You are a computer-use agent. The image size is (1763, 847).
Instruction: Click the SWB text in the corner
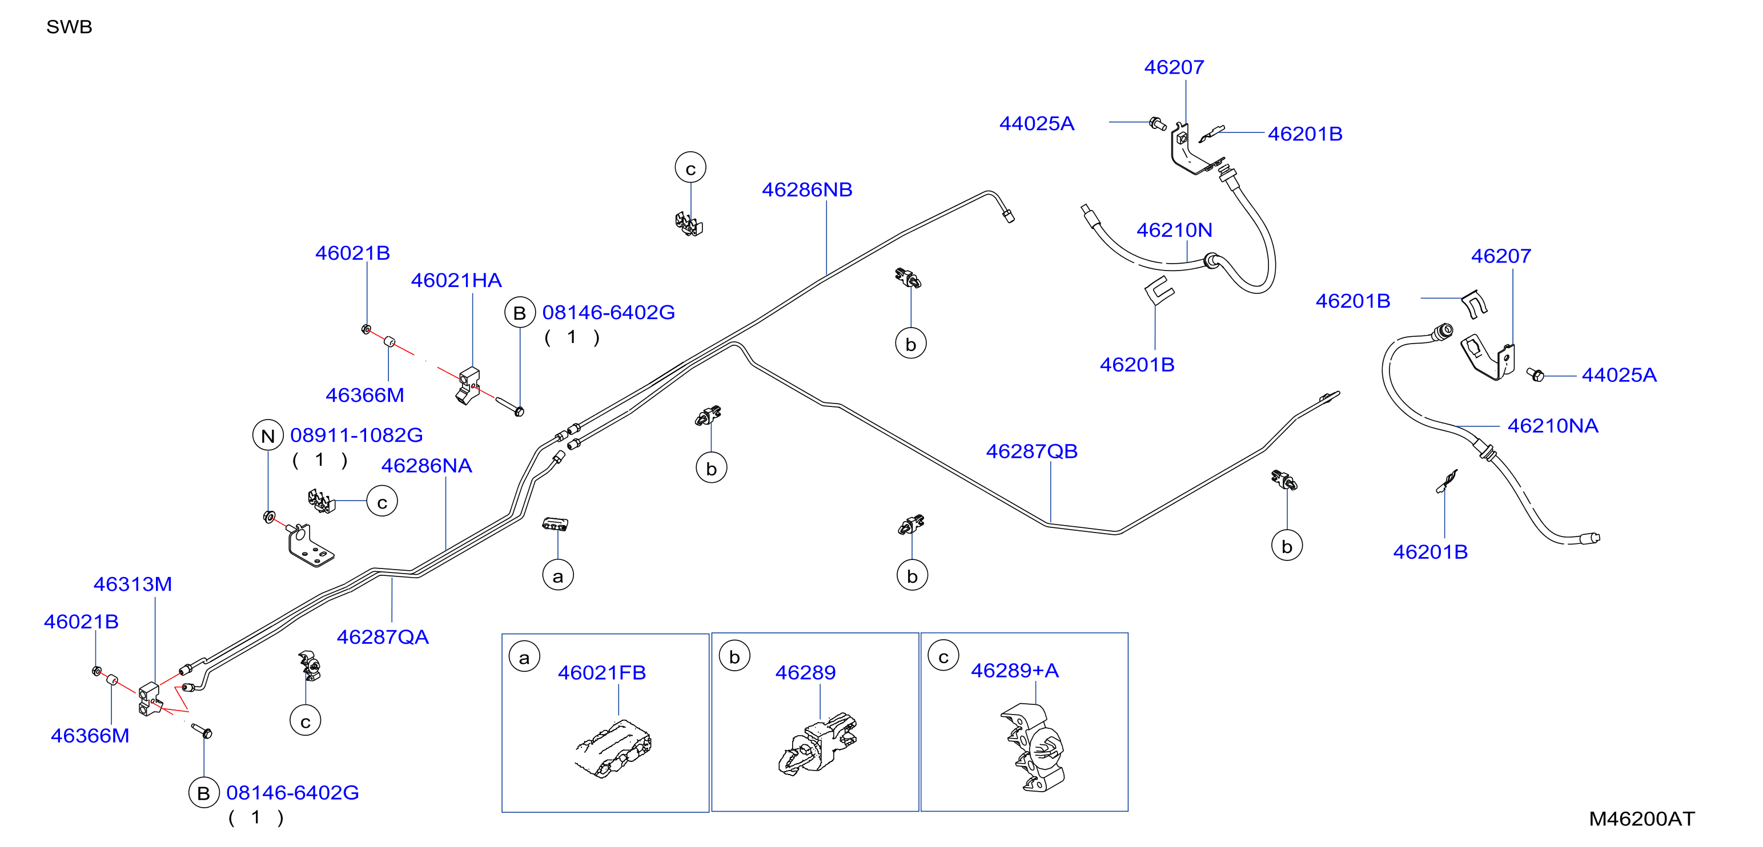click(69, 27)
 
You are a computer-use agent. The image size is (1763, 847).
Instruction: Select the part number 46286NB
click(807, 189)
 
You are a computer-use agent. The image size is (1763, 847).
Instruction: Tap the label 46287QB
click(1031, 451)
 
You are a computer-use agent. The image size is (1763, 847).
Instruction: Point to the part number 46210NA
click(1553, 426)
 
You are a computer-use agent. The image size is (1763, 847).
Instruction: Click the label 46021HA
click(456, 280)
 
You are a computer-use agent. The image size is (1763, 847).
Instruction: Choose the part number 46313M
click(132, 584)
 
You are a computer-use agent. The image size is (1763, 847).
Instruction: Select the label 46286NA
click(427, 466)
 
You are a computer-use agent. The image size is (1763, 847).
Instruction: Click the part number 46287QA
click(383, 637)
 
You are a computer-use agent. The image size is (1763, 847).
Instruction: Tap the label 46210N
click(1174, 230)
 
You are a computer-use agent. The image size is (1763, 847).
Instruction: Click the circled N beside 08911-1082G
click(268, 435)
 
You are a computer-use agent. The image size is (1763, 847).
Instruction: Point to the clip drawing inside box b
click(818, 744)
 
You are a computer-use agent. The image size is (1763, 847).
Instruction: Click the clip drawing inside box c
click(1034, 748)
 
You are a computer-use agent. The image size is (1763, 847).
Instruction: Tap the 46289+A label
click(1014, 671)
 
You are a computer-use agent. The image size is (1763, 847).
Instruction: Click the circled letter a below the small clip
click(558, 576)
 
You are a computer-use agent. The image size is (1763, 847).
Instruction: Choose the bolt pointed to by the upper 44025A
click(1157, 124)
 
